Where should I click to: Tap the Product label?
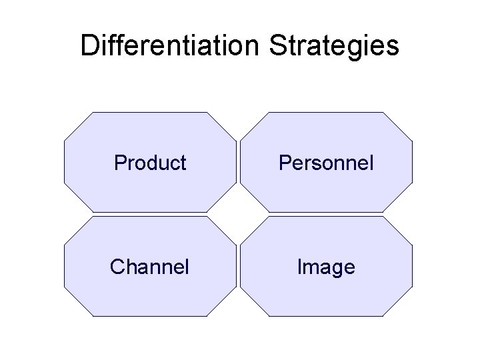point(150,163)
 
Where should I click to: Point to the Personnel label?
point(326,163)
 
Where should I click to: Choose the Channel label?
point(150,267)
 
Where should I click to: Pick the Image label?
point(326,267)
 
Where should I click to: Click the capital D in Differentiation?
point(89,46)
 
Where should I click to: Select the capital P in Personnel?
point(284,163)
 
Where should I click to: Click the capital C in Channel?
point(118,267)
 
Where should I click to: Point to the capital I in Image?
point(299,267)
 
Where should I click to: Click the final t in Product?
point(183,163)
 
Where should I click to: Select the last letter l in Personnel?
point(371,163)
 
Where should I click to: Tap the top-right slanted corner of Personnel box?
point(399,125)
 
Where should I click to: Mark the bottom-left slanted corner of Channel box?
point(77,303)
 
